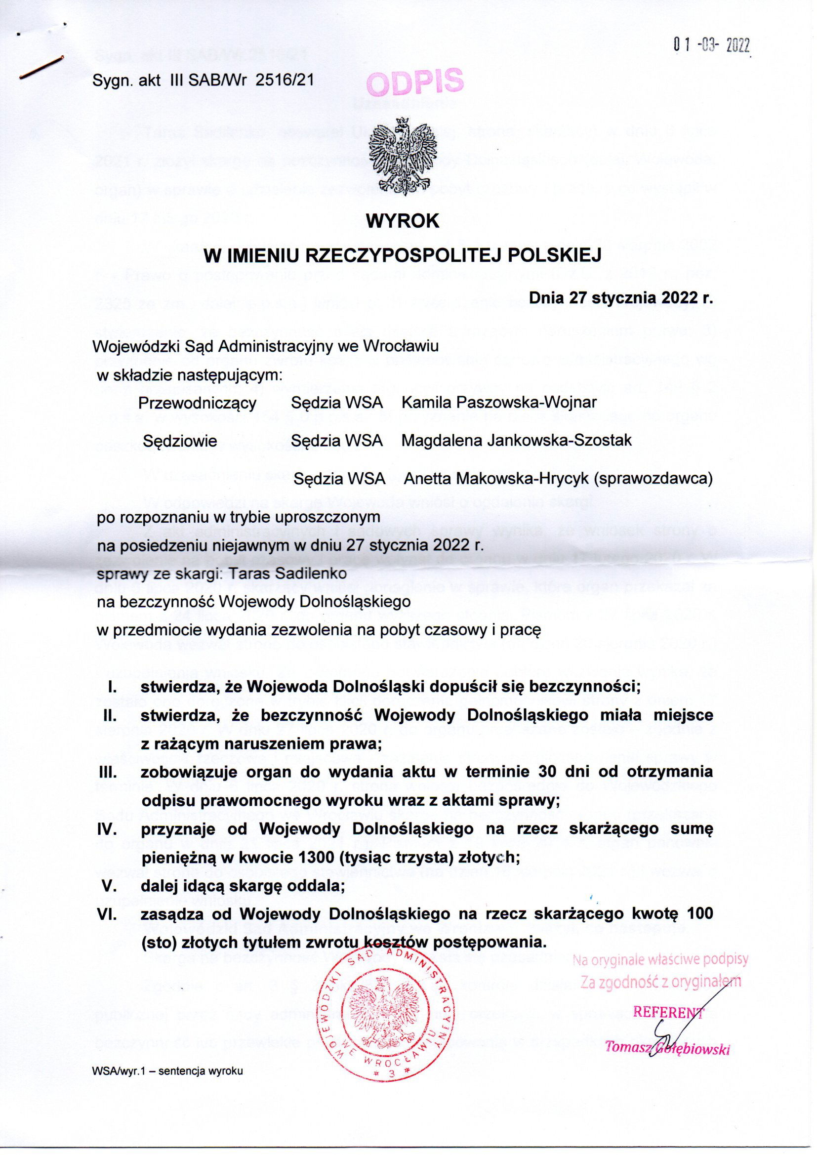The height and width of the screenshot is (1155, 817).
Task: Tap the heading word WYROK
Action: [403, 221]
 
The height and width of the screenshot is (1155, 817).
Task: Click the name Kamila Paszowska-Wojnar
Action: [499, 403]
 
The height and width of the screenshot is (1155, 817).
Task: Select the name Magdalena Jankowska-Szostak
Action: [517, 441]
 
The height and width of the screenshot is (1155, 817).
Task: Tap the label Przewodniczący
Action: [197, 404]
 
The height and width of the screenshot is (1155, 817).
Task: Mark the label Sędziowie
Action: [180, 441]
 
